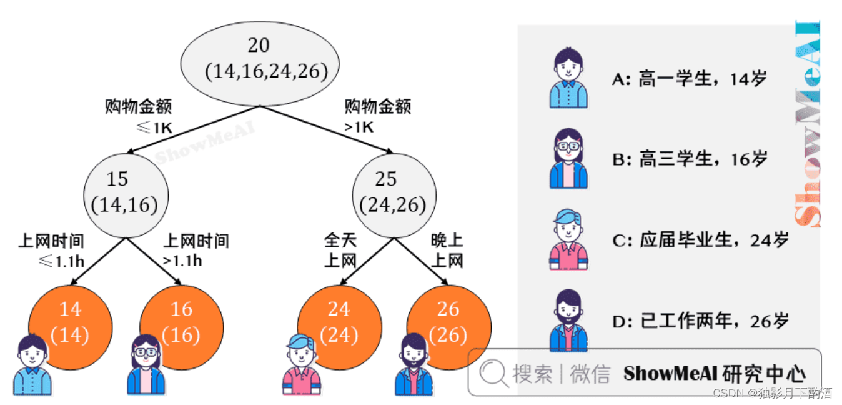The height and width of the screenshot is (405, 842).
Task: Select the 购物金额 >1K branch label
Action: click(377, 116)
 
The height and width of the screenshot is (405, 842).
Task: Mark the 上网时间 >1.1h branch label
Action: click(196, 251)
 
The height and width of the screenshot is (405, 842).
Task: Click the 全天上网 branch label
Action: click(340, 251)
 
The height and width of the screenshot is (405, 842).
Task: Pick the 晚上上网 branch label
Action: click(447, 251)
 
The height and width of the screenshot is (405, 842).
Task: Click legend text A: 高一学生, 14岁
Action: click(688, 79)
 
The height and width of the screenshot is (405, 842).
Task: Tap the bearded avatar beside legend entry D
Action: click(568, 321)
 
